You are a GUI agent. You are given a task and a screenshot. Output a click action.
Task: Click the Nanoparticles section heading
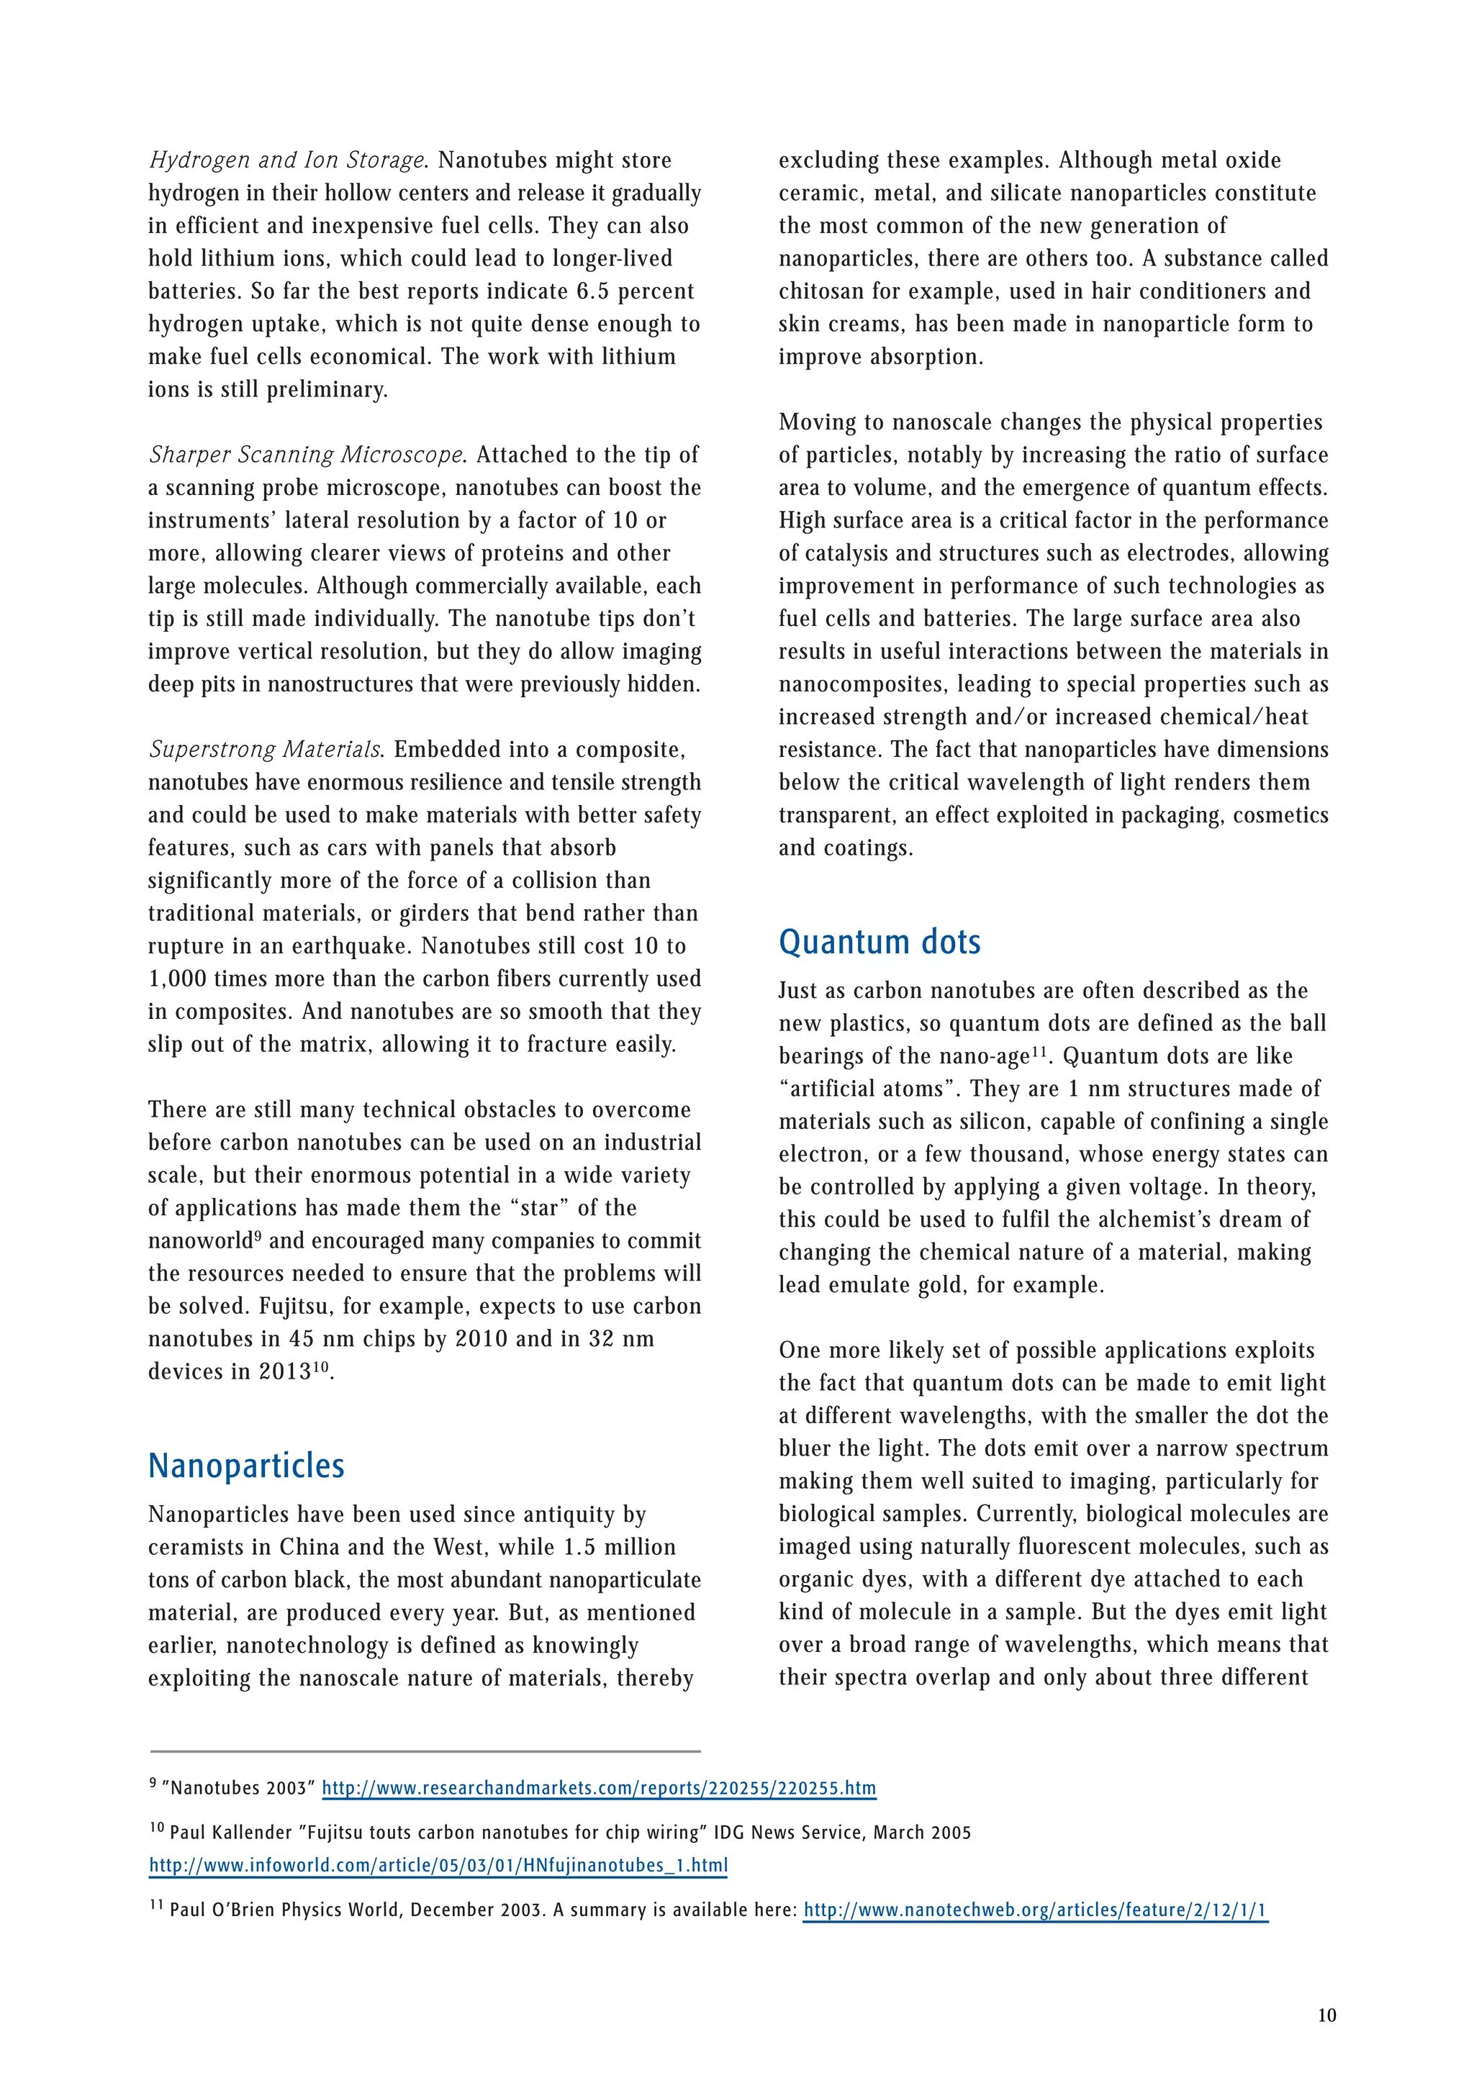[x=246, y=1465]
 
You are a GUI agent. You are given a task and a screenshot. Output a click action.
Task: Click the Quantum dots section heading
[x=879, y=942]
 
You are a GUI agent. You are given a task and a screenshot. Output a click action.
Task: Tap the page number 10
[x=1326, y=2015]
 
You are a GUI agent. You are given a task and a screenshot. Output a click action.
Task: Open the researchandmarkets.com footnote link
[x=599, y=1788]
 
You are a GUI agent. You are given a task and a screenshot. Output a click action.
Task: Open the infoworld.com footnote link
[x=438, y=1865]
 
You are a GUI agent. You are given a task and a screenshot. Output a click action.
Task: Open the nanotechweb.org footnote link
[x=1035, y=1910]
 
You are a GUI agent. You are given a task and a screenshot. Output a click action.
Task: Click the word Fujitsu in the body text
[x=292, y=1307]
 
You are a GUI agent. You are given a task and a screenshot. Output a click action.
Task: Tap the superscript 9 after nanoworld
[x=258, y=1235]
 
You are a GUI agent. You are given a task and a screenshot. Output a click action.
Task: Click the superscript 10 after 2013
[x=321, y=1366]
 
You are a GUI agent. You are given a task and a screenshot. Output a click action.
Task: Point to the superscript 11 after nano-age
[x=1039, y=1051]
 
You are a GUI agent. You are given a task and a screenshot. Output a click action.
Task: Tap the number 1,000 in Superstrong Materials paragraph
[x=178, y=979]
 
